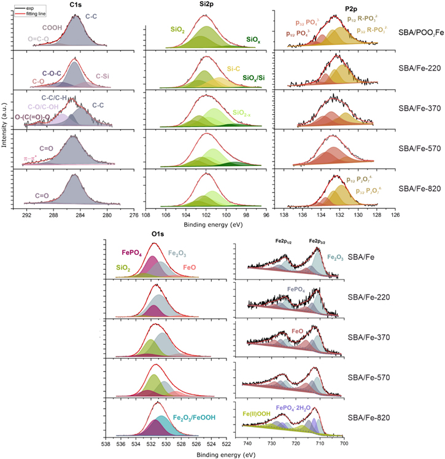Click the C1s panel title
coord(77,4)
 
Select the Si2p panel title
coord(205,4)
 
